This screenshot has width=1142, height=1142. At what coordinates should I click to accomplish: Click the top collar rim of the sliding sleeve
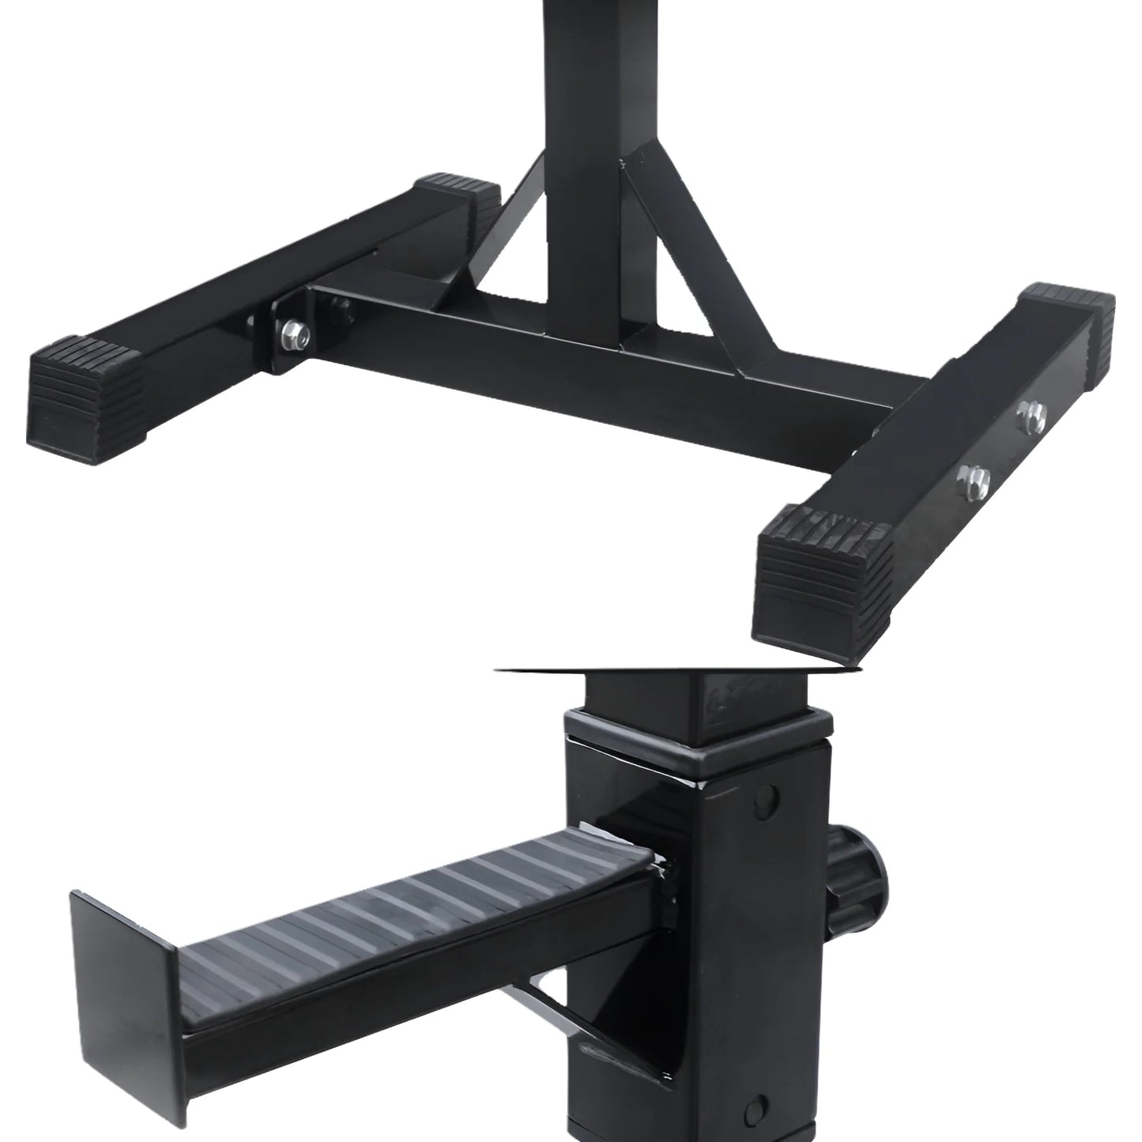pos(695,739)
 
